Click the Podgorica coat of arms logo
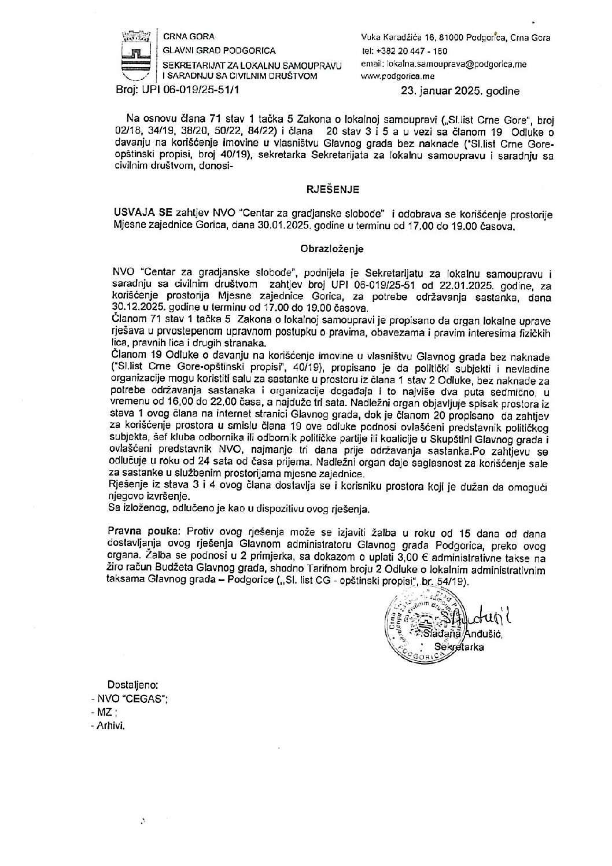click(135, 57)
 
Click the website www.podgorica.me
click(398, 76)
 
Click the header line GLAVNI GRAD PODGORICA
click(219, 51)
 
